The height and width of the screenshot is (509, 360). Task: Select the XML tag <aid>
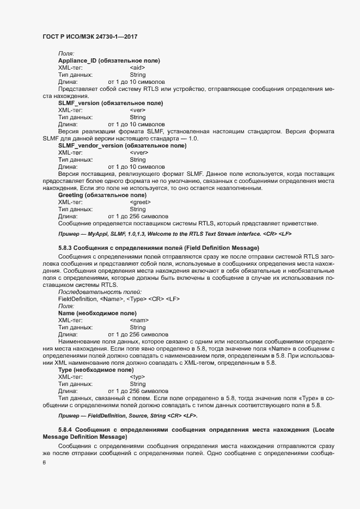137,68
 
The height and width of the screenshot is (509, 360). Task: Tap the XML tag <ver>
137,110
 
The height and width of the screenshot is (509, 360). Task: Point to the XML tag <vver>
138,153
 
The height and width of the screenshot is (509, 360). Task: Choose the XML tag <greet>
140,203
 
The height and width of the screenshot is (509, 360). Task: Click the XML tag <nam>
139,321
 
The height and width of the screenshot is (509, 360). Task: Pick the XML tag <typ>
138,377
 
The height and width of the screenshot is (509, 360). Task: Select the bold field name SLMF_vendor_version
90,146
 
